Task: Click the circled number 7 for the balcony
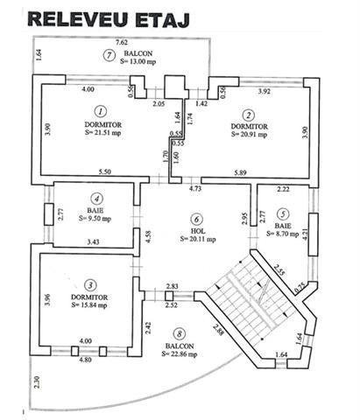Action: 109,55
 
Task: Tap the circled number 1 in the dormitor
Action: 101,111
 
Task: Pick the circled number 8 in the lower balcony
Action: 179,334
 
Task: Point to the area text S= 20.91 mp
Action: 249,135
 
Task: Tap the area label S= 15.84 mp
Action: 89,305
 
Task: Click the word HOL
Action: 198,231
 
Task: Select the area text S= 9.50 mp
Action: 95,219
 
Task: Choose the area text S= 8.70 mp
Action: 283,234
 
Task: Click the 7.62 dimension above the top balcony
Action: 122,42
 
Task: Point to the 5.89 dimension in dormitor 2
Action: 240,172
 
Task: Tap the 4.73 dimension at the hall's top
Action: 195,188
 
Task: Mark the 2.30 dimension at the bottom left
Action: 37,382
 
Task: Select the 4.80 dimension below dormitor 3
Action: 86,360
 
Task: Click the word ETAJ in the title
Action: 163,20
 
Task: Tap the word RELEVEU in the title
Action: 78,19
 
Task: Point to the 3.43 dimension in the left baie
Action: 94,241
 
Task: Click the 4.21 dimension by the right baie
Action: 305,234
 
